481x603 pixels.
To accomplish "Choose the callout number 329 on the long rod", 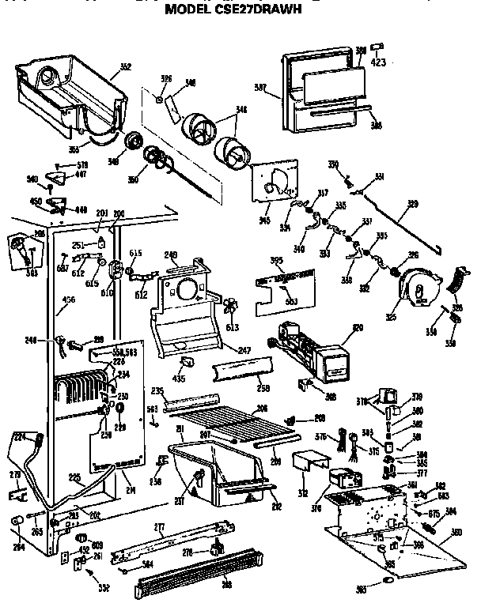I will coord(411,204).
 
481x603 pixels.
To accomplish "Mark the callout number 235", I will coord(157,390).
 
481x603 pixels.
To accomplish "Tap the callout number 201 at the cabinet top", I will coord(101,214).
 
